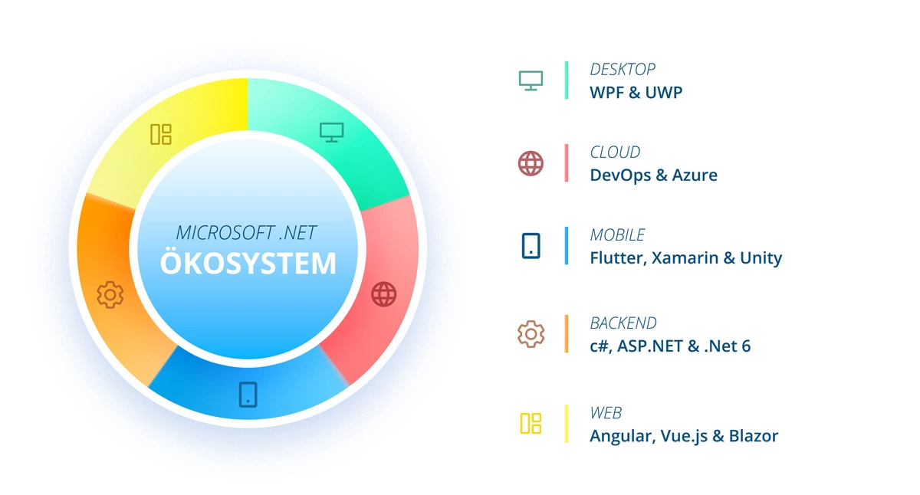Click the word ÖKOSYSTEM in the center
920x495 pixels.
pos(248,262)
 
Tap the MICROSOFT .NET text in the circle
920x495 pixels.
pos(246,233)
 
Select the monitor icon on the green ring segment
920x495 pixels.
pos(331,133)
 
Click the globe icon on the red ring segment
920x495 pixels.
pos(383,294)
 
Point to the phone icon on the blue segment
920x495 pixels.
pos(248,395)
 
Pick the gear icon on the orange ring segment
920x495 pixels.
pos(110,294)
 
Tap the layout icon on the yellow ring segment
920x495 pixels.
pos(161,134)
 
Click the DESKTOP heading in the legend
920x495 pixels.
pos(623,70)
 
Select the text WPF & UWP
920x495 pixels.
pos(636,93)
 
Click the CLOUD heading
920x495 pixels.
pos(615,152)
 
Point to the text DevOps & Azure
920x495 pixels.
pos(653,175)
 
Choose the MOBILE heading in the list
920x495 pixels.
pos(617,235)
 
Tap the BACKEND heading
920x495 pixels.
pos(623,323)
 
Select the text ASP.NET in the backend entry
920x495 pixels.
pos(650,346)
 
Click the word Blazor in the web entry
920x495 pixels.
pos(754,436)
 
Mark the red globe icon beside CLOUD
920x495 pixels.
pos(531,163)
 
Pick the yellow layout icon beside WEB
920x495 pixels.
pos(531,423)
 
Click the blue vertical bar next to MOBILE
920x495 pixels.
pos(567,245)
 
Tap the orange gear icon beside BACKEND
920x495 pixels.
pos(531,334)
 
